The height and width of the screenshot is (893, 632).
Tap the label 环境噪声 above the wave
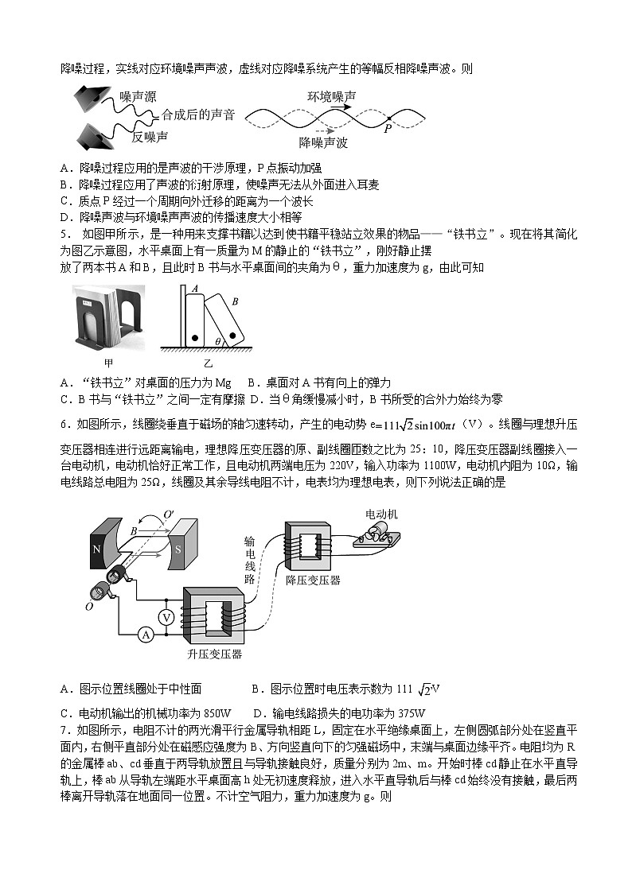pos(332,96)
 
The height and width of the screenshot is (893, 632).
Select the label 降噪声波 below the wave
pos(323,143)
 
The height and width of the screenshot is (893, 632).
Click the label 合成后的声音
pos(198,115)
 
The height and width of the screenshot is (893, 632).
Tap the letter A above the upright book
pos(195,290)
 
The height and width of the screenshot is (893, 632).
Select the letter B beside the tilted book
pos(235,302)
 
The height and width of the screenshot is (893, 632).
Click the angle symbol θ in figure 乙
pos(218,341)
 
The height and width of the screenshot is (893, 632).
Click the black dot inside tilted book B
pos(232,332)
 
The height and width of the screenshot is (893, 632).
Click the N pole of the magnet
pos(97,549)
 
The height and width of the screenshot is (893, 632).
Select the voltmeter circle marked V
pos(166,617)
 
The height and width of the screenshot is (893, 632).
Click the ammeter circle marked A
pos(146,634)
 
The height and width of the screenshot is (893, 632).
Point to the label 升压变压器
pos(215,654)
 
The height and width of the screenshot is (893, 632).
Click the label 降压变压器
pos(313,580)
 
